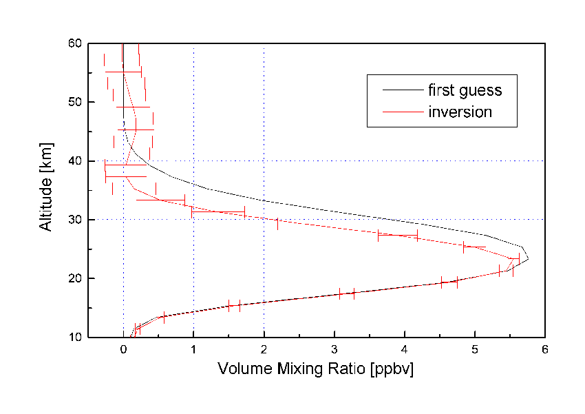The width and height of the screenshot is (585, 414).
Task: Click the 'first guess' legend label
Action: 465,90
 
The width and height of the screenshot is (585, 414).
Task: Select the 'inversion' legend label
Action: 460,112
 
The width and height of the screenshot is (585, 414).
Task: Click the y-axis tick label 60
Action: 74,43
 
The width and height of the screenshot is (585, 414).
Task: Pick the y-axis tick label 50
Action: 74,102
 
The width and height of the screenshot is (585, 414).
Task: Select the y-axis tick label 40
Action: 74,161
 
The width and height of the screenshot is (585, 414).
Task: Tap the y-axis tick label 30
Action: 74,220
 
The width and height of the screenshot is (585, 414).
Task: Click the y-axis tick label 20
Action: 74,278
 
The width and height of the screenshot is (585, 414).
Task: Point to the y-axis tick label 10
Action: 74,337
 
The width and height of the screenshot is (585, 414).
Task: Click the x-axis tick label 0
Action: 123,350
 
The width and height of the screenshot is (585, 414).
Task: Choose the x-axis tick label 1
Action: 193,350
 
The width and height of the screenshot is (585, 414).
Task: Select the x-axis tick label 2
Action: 264,350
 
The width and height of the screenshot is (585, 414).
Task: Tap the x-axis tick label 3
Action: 334,350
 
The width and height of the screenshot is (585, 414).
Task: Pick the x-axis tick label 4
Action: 405,350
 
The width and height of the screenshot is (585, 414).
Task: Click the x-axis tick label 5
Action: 475,350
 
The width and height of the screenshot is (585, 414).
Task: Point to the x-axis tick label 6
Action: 545,350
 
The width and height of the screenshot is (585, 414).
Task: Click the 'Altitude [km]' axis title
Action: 46,190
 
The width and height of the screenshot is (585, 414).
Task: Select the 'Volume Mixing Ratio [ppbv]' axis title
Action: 315,369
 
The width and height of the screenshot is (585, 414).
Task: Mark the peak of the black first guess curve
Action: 528,259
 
